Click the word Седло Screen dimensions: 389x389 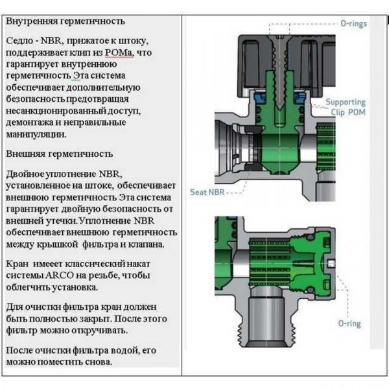pos(19,40)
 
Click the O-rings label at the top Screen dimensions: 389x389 pos(353,23)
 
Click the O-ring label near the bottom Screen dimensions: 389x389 pos(349,323)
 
